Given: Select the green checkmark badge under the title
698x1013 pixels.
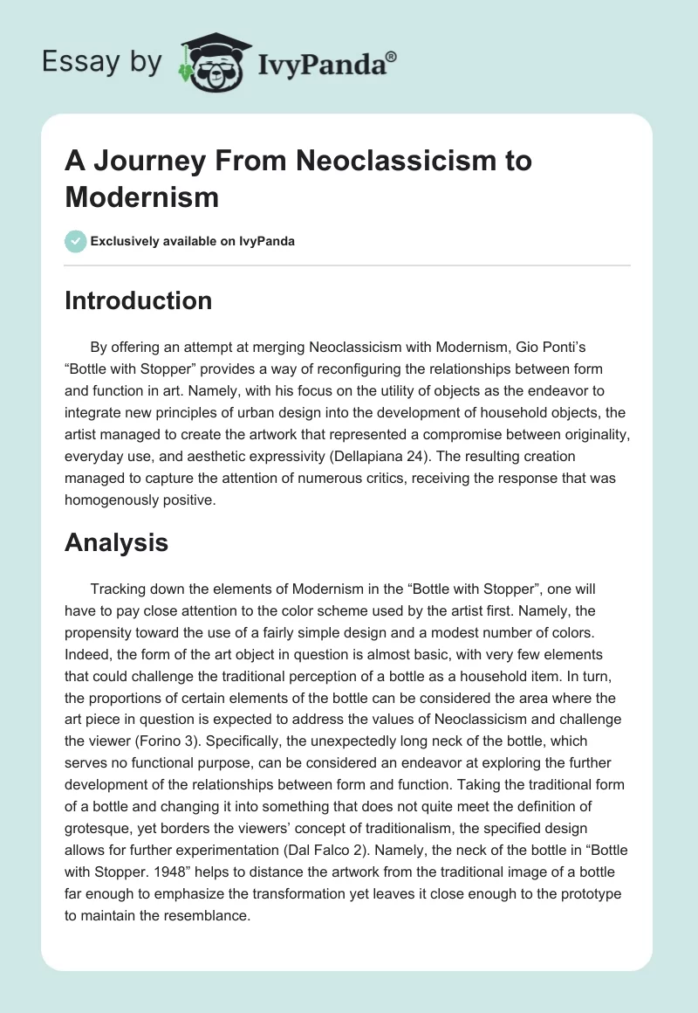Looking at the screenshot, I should [x=76, y=241].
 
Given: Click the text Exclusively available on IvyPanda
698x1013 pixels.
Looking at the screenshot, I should [x=193, y=241].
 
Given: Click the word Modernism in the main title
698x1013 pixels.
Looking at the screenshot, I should [x=141, y=196].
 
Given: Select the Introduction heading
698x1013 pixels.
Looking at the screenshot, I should [x=138, y=300].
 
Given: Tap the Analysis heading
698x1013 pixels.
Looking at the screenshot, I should [x=116, y=542].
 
